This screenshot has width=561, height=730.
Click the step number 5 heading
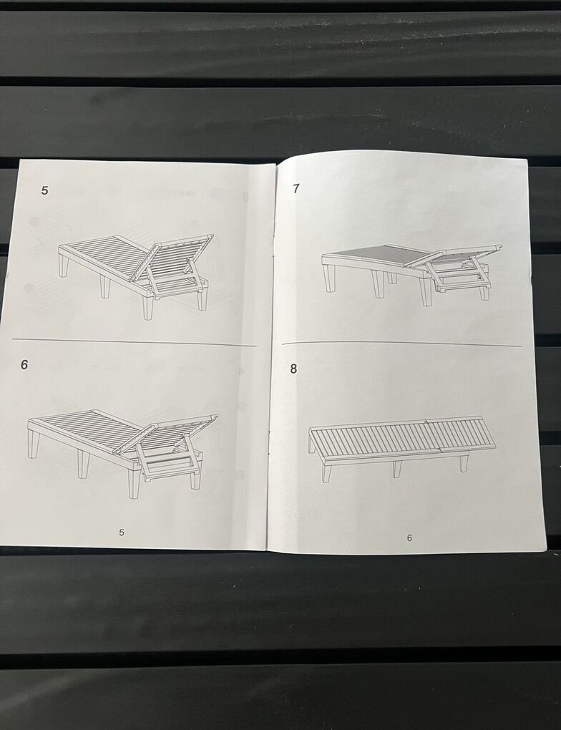[x=44, y=190]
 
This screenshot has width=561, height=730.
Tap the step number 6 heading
[x=24, y=364]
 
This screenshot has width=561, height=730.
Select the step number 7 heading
[x=296, y=188]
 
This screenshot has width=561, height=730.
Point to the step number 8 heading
[x=293, y=369]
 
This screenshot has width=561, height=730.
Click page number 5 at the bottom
[x=122, y=532]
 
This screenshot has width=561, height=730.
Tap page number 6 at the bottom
[x=409, y=537]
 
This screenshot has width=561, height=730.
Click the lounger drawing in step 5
[x=136, y=276]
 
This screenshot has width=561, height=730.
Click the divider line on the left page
[x=135, y=342]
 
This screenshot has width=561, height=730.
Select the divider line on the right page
[x=401, y=344]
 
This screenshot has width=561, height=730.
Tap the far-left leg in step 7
[x=331, y=278]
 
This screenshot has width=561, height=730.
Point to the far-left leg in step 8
[x=327, y=470]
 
